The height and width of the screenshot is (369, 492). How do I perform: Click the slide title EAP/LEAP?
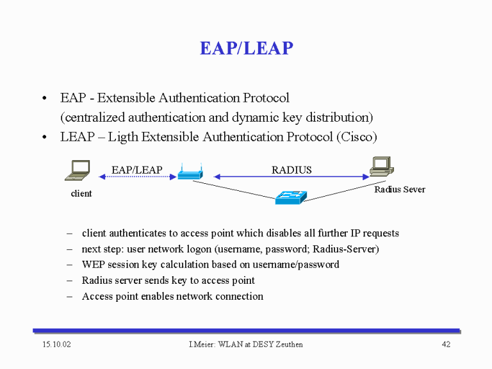click(x=247, y=48)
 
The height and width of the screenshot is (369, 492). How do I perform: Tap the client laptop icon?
click(x=78, y=170)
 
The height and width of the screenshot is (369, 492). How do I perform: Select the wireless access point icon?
click(x=190, y=172)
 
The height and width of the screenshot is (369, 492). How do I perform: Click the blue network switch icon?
click(x=291, y=197)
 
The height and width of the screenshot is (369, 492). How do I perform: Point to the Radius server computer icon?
click(x=382, y=167)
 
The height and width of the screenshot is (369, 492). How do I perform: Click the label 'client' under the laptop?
click(x=81, y=193)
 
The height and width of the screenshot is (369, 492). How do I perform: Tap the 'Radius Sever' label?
click(x=400, y=189)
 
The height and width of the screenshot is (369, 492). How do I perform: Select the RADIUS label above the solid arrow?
click(x=291, y=170)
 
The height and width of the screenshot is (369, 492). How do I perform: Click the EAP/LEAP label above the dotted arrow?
click(x=137, y=170)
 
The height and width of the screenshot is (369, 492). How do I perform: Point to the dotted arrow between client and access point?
click(x=138, y=177)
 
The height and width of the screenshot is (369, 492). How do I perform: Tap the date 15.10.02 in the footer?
click(x=56, y=344)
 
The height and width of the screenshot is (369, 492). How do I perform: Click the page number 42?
click(x=446, y=344)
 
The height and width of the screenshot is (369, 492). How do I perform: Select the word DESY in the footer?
click(x=263, y=344)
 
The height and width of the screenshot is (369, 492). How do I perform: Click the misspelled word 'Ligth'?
click(x=123, y=137)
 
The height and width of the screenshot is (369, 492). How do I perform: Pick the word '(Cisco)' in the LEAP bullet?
click(x=357, y=137)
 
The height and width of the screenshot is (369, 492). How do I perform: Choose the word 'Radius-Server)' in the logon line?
click(x=346, y=249)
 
